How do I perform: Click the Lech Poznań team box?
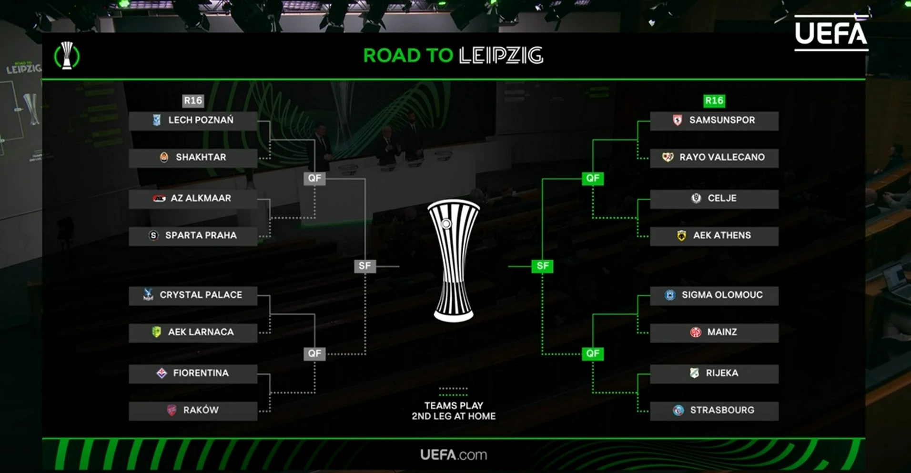point(193,121)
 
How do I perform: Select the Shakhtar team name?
point(201,157)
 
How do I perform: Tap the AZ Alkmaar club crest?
point(159,198)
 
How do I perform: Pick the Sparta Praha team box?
point(193,235)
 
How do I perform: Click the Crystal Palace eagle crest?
point(148,295)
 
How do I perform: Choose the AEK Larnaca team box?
point(193,332)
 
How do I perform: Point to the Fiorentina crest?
point(162,373)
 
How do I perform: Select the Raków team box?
point(193,410)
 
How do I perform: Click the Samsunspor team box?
point(714,121)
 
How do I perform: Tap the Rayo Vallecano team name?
point(722,157)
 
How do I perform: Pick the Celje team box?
point(714,198)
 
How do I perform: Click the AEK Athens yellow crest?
point(681,235)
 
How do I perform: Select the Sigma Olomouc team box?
point(714,295)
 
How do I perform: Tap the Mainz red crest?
point(696,332)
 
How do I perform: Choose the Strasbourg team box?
point(714,410)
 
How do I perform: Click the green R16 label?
point(714,101)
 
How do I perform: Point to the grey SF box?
point(364,266)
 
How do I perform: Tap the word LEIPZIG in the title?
point(501,56)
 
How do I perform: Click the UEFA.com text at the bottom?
point(453,455)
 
